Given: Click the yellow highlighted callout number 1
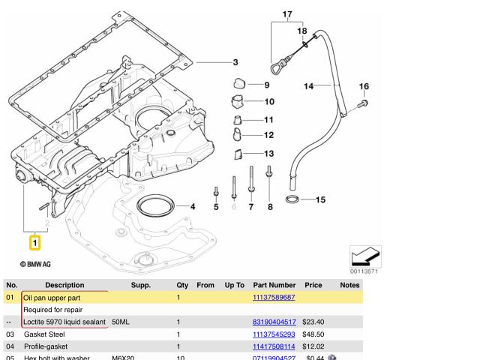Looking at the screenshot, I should pyautogui.click(x=34, y=242).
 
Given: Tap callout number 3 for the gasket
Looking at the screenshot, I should pyautogui.click(x=235, y=62).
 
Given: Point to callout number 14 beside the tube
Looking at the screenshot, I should pyautogui.click(x=308, y=87).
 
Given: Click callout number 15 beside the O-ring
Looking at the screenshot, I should pyautogui.click(x=320, y=199).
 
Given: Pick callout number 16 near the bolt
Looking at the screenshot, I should pyautogui.click(x=364, y=86).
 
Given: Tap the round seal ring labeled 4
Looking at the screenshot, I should pyautogui.click(x=156, y=206).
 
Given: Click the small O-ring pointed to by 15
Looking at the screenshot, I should pyautogui.click(x=292, y=199).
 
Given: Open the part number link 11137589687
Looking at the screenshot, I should pyautogui.click(x=274, y=298).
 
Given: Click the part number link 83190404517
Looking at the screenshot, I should pyautogui.click(x=274, y=322).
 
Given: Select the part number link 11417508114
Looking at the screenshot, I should pyautogui.click(x=274, y=346).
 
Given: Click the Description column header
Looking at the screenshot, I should pyautogui.click(x=64, y=285).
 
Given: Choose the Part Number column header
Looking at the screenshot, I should pyautogui.click(x=274, y=285).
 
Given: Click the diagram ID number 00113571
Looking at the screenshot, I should pyautogui.click(x=364, y=271).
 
